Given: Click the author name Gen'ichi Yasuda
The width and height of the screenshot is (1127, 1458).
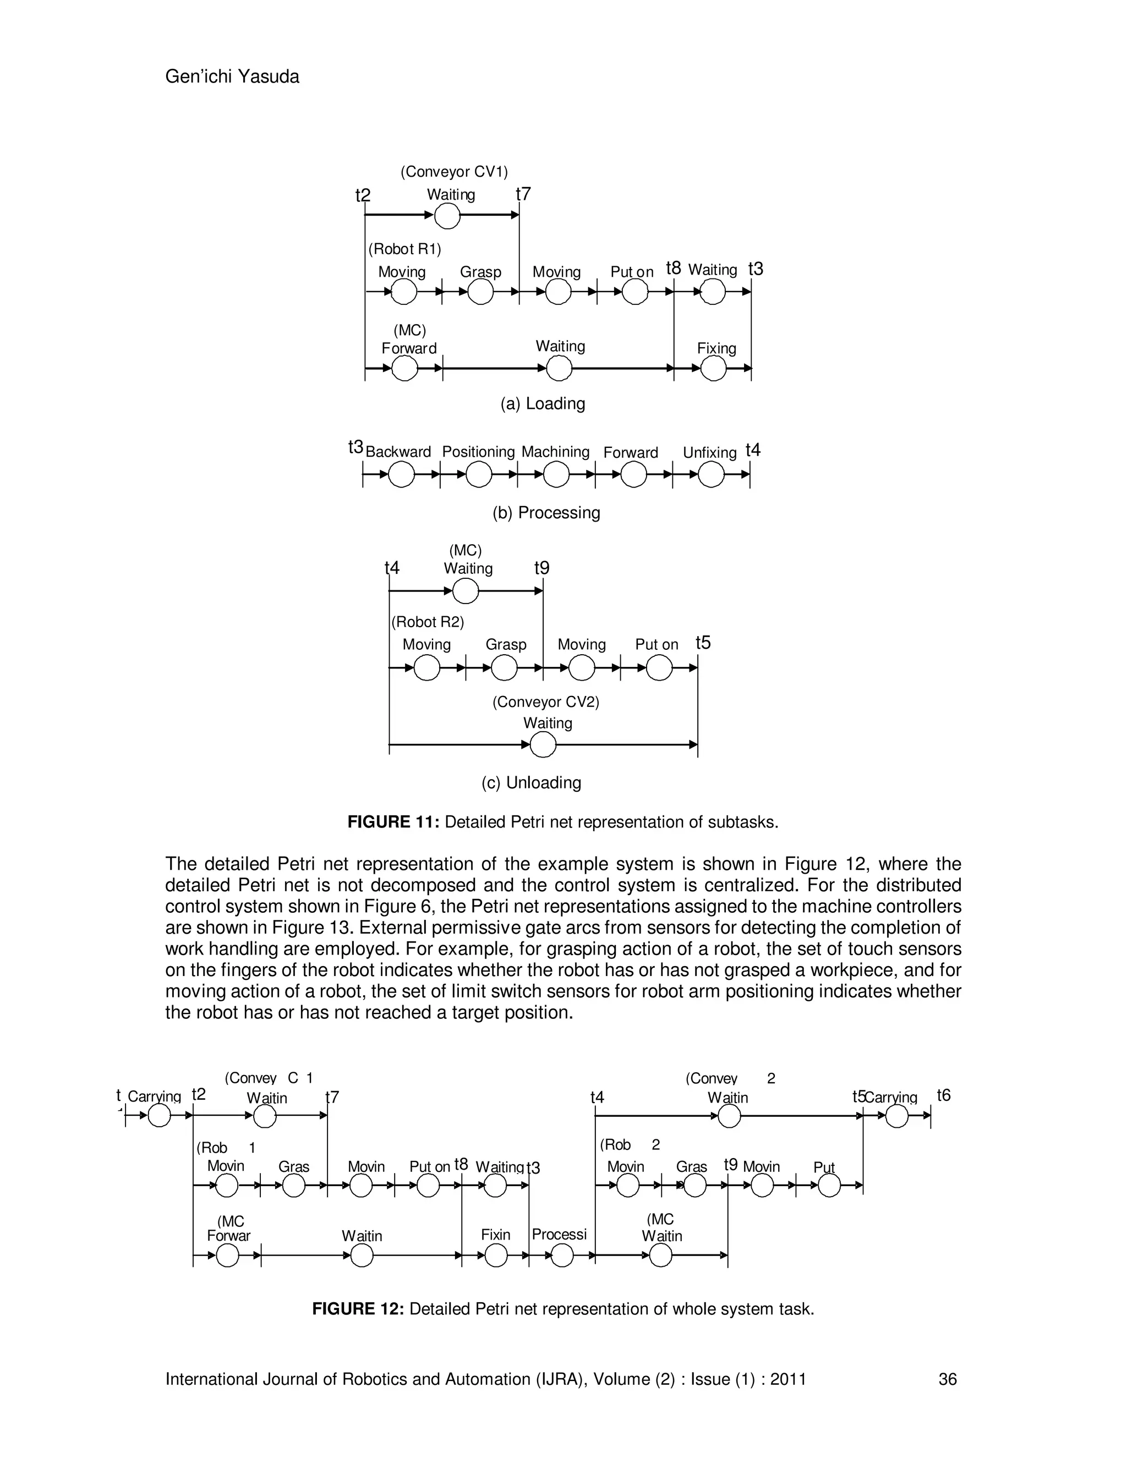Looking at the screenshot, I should (232, 77).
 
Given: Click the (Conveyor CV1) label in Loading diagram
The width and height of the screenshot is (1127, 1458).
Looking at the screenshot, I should (454, 172).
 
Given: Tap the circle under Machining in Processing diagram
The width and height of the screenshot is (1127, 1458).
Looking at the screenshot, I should (556, 475).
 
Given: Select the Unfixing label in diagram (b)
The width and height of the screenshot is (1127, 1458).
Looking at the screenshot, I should (709, 453).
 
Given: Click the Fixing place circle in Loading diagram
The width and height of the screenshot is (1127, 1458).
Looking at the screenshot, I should (713, 368).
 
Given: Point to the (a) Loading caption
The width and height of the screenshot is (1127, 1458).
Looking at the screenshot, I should (543, 404).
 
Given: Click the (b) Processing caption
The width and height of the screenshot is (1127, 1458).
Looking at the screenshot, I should (546, 513).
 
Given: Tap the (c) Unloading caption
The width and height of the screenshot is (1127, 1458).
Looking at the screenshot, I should (532, 782).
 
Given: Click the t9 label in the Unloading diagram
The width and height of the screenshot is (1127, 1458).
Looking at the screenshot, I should (542, 568).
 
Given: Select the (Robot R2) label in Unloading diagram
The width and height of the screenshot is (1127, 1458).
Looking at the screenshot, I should (427, 622).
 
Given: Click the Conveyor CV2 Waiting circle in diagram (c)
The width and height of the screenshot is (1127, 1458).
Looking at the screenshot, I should (543, 744).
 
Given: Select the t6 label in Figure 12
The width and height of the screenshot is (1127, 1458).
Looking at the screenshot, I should (943, 1095).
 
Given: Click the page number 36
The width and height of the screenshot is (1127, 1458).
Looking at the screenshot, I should (948, 1380).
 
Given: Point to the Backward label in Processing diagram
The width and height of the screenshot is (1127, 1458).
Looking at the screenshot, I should (398, 452).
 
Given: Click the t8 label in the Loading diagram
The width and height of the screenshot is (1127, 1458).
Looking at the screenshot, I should (673, 268).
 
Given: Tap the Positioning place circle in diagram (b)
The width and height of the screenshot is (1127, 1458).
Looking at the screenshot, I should (479, 475).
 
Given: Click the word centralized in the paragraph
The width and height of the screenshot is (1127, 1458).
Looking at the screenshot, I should (759, 885).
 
